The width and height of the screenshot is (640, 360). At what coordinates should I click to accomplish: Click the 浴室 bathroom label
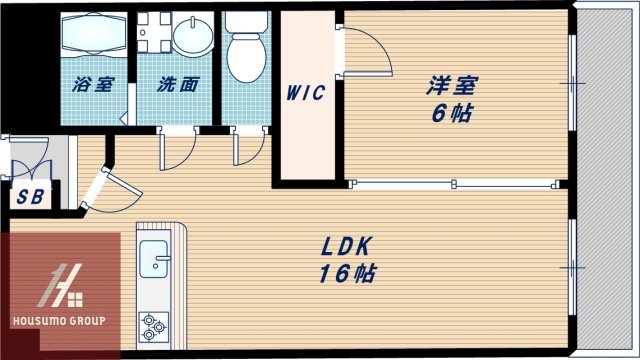tap(92, 85)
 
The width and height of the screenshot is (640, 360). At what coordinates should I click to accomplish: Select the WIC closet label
tap(305, 94)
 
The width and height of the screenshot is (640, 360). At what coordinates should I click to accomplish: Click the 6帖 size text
tap(445, 113)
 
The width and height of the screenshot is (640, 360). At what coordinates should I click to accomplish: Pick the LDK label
tap(346, 247)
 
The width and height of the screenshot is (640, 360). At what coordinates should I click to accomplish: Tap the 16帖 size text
tap(346, 273)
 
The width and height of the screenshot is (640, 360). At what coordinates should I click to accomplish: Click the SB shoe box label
tap(29, 196)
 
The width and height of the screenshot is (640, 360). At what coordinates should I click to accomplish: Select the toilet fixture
tap(244, 50)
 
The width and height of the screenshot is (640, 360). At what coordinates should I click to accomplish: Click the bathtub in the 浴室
tap(92, 38)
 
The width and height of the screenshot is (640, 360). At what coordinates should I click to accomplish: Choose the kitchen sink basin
tap(155, 258)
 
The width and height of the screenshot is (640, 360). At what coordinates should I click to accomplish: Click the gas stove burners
tap(155, 324)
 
